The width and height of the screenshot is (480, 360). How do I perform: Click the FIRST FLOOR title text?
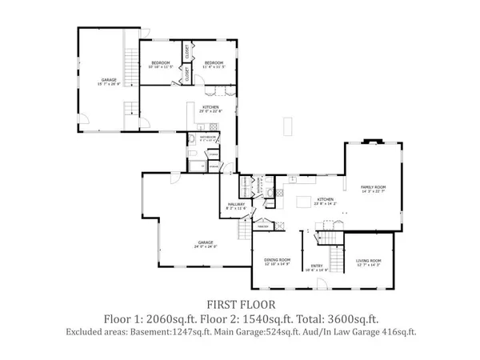[x=242, y=304]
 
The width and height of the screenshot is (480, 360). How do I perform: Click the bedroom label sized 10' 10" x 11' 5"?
[x=161, y=64]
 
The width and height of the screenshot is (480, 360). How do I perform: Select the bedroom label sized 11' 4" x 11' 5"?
[x=214, y=64]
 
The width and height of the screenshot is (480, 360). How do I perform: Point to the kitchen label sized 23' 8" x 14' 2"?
[x=325, y=201]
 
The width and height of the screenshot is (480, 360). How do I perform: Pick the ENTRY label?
[x=318, y=267]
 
